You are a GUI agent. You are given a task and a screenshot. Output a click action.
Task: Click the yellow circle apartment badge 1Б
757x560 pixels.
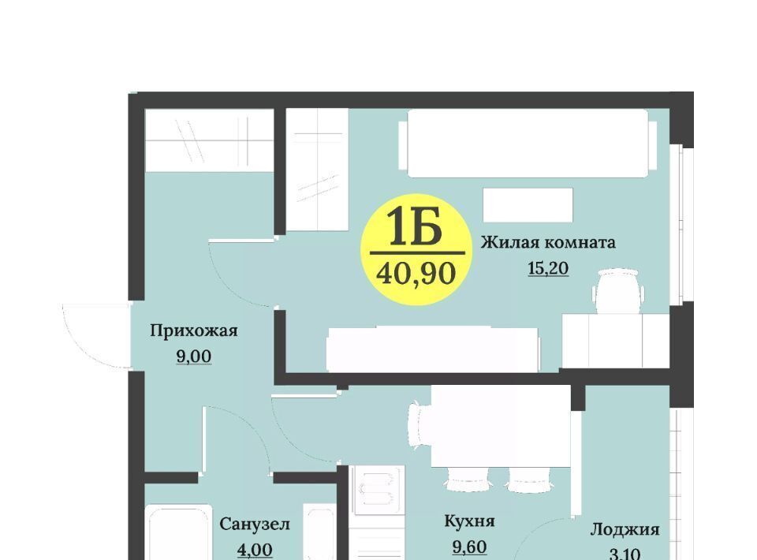pos(416,249)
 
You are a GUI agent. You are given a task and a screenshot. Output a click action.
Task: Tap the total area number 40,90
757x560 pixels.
pos(416,274)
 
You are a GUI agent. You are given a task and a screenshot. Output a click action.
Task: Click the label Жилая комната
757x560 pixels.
pos(548,242)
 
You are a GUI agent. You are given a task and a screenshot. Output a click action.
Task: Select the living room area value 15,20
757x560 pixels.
pos(549,268)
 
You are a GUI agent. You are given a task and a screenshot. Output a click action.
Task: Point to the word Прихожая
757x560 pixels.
pos(194,331)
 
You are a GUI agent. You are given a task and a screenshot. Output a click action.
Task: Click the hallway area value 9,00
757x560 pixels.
pos(194,357)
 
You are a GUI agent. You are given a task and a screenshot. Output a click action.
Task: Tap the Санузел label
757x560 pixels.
pos(255,524)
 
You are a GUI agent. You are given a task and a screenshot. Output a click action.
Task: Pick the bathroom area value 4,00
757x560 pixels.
pos(255,550)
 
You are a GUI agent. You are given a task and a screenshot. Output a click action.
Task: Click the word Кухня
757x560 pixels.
pos(469,521)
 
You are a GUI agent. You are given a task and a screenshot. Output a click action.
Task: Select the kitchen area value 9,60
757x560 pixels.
pos(469,547)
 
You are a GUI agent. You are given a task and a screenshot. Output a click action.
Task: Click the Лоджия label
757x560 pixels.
pos(625,530)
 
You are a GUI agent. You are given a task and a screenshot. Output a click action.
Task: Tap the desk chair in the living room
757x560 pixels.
pos(618,291)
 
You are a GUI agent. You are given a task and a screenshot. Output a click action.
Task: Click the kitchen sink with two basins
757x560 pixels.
pos(377,490)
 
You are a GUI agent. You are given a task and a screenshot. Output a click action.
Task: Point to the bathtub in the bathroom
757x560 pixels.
pos(179,532)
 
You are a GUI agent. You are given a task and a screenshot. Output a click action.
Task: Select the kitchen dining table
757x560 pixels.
pos(501,426)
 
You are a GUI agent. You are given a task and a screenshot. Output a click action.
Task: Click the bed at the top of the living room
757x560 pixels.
pos(528,143)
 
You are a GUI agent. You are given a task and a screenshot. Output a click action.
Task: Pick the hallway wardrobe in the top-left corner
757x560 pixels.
pos(210,140)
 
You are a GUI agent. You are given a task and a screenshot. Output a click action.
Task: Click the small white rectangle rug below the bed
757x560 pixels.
pos(528,205)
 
